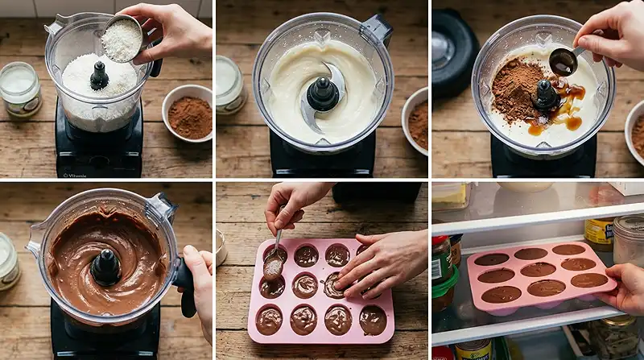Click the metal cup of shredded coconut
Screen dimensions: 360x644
122,38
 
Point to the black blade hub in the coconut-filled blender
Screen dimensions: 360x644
99,77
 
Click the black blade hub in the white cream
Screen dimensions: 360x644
323,94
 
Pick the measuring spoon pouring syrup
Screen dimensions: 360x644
563,61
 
